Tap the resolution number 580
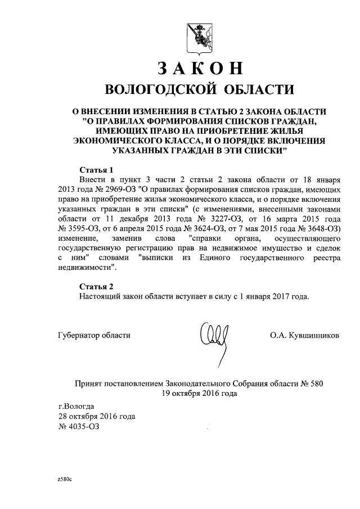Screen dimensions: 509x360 [316, 384]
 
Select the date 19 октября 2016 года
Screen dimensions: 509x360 [199, 393]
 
